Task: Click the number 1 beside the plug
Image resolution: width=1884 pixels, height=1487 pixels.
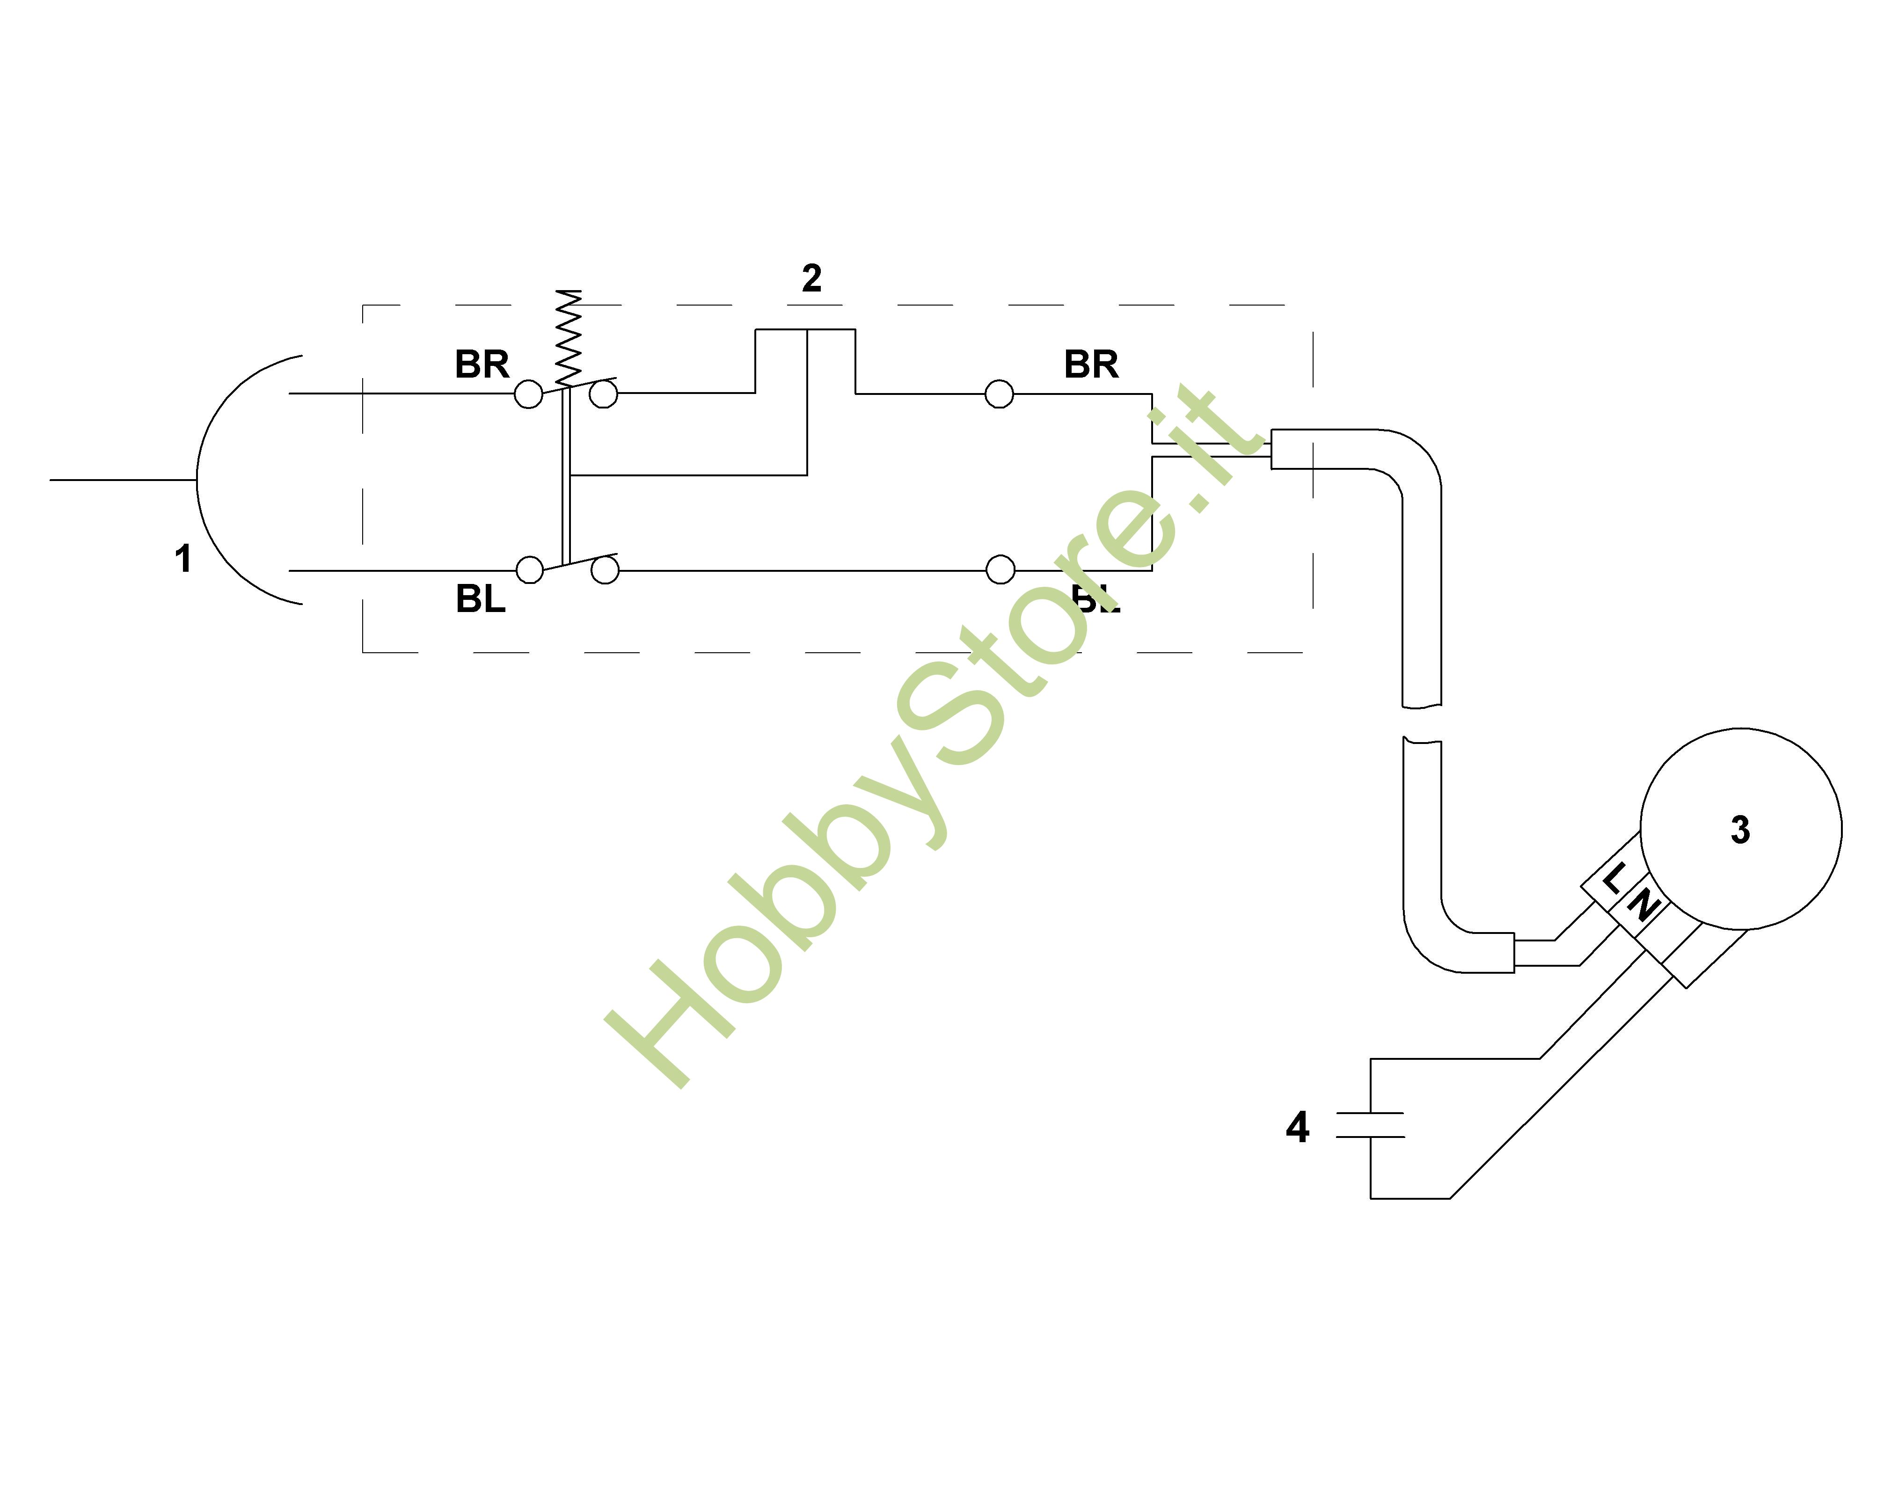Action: pyautogui.click(x=183, y=559)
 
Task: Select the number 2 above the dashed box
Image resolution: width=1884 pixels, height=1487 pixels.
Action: pyautogui.click(x=811, y=278)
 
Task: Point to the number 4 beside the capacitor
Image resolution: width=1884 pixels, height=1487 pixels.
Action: pyautogui.click(x=1297, y=1128)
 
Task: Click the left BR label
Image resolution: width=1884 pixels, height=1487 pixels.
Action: pyautogui.click(x=482, y=364)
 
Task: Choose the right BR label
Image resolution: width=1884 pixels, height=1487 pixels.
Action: pyautogui.click(x=1091, y=364)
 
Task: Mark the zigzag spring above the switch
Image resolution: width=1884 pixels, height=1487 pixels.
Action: pyautogui.click(x=569, y=338)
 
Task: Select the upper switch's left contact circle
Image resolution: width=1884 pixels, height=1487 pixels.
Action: pyautogui.click(x=528, y=394)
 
